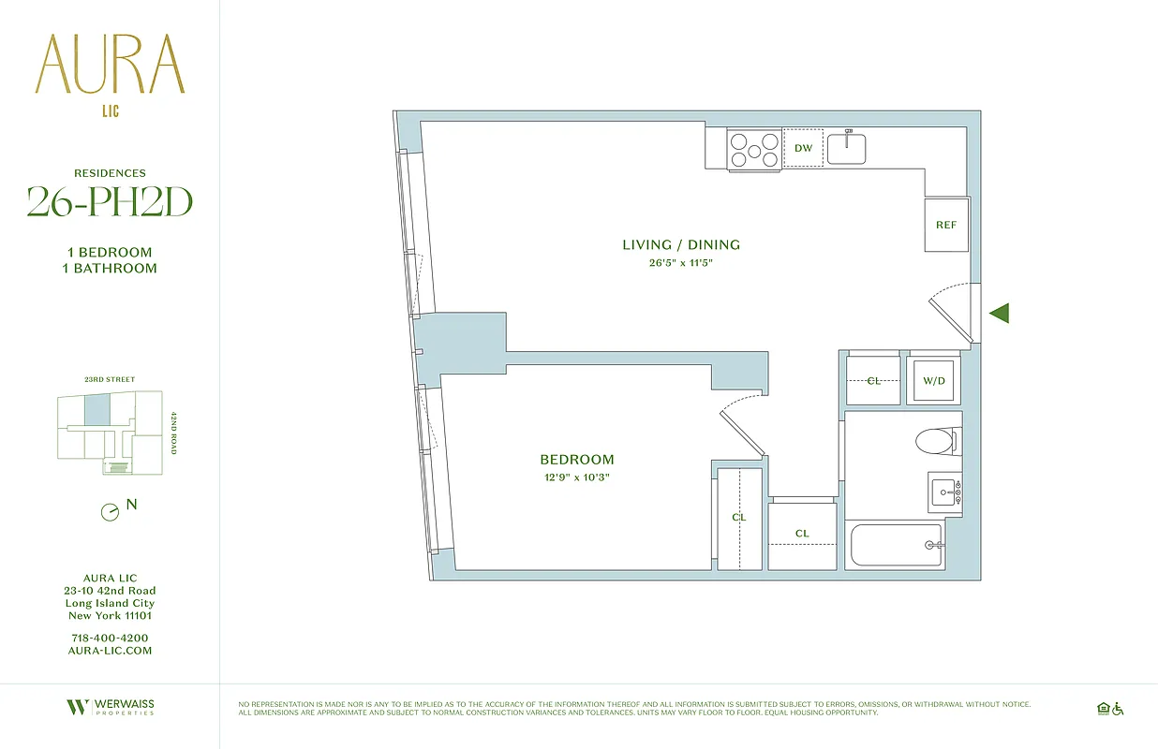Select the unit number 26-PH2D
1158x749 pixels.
[110, 200]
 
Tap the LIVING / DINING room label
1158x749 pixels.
[681, 245]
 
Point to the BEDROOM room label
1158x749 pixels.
[577, 460]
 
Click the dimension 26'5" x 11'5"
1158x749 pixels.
[681, 263]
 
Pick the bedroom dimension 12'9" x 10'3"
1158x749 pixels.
[577, 477]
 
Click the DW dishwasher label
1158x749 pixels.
[803, 149]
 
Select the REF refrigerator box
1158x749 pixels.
[946, 225]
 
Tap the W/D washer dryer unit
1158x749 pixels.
[932, 380]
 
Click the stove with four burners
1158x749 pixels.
[754, 150]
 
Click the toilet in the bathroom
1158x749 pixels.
[938, 441]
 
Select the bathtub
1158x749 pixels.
[896, 545]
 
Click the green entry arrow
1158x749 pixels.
[999, 314]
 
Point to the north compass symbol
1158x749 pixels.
[111, 512]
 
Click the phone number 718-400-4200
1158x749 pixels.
[110, 639]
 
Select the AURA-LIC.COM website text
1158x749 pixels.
[110, 651]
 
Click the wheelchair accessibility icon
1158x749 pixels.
[1118, 709]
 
